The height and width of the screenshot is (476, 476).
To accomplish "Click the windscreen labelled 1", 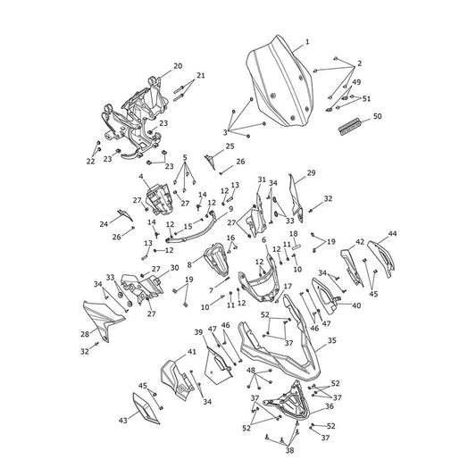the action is [x=280, y=82].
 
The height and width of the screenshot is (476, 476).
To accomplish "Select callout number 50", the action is [x=378, y=116].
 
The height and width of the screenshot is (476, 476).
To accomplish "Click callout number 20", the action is [x=178, y=66].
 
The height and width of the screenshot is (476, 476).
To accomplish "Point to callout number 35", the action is [x=332, y=340].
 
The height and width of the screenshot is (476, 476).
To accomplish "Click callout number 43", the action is [x=122, y=421].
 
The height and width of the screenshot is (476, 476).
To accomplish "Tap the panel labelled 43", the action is [x=146, y=408].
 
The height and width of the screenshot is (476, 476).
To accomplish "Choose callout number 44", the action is [x=393, y=233].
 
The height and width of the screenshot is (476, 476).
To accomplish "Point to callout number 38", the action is [x=289, y=450].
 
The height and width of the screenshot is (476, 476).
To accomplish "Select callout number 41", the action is [x=191, y=352].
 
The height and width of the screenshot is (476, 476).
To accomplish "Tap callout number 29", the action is [x=311, y=172].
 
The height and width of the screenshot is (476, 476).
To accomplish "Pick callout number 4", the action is [x=141, y=176].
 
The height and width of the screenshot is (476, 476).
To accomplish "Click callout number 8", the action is [x=189, y=264].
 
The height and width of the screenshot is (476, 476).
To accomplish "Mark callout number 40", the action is [x=356, y=305].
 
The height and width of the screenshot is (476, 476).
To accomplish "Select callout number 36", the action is [x=330, y=405].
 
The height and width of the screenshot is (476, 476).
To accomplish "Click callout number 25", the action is [x=230, y=146].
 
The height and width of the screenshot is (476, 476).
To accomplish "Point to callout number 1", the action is [x=307, y=42].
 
